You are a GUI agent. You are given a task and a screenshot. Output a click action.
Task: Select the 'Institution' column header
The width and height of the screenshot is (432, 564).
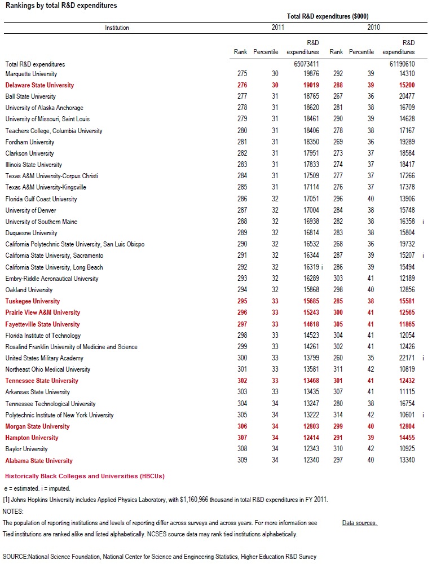pos(117,28)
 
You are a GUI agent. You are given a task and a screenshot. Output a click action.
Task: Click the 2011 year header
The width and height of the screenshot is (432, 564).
pos(277,28)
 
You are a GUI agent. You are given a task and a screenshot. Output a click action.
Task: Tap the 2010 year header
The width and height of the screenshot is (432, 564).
pos(373,28)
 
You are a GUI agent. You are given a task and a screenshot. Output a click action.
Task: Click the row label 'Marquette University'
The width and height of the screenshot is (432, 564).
pos(31,74)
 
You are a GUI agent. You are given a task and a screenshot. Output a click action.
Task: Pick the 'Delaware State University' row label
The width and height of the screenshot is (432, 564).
pos(39,85)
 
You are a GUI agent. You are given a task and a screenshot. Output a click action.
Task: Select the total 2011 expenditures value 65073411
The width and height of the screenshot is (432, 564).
pos(307,64)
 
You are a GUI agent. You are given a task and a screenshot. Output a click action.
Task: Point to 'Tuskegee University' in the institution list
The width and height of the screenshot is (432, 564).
pos(32,301)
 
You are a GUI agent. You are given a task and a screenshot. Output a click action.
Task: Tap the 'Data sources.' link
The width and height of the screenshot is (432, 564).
pos(359,523)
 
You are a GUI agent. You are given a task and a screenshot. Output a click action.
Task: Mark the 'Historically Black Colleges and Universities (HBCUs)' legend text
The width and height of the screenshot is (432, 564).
pos(85,477)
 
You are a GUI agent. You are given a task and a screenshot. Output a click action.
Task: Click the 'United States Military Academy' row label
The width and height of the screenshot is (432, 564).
pos(44,358)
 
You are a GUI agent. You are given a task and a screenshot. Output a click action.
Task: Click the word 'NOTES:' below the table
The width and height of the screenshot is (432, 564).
pos(14,512)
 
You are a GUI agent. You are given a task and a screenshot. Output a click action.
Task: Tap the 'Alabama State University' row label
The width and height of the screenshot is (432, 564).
pos(39,461)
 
